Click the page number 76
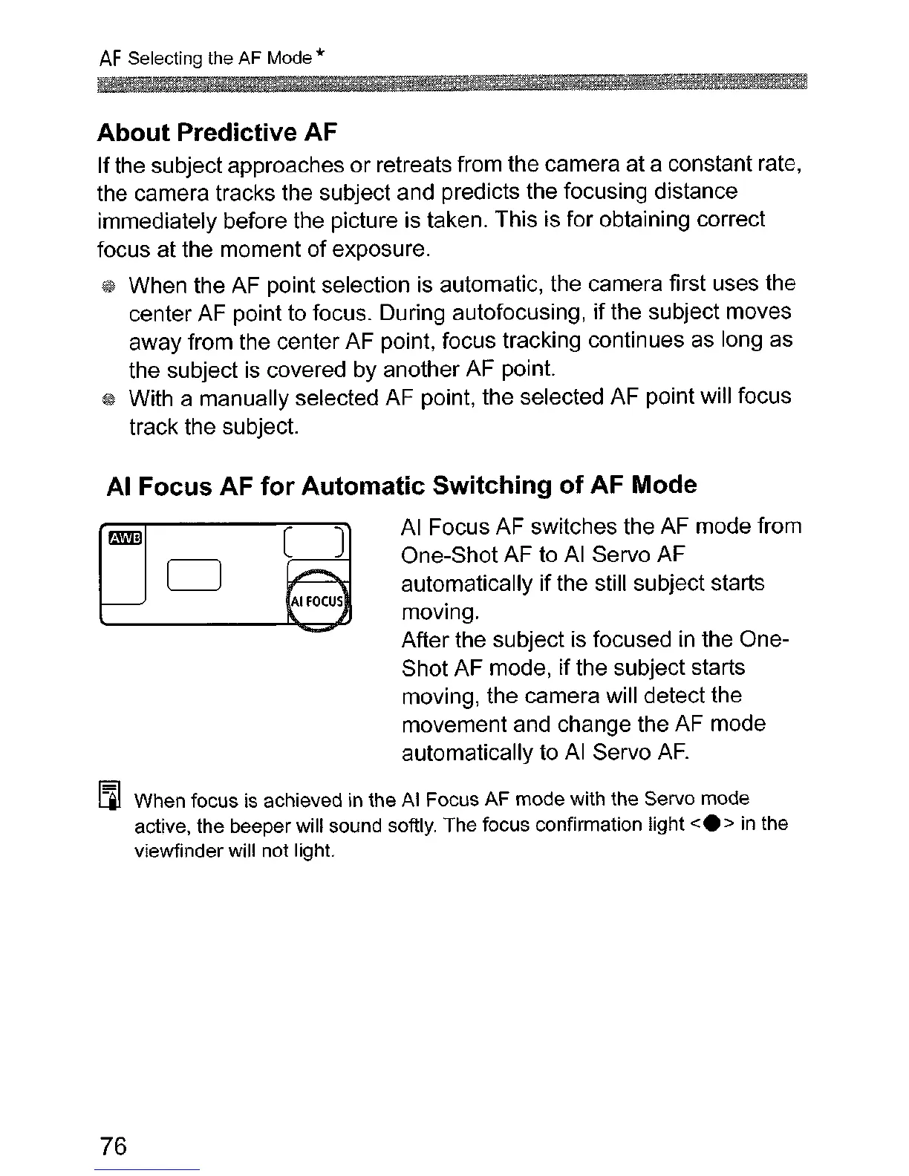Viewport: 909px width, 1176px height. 112,1146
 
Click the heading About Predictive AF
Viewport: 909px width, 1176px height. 217,132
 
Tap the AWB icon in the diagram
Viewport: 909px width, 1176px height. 126,538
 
